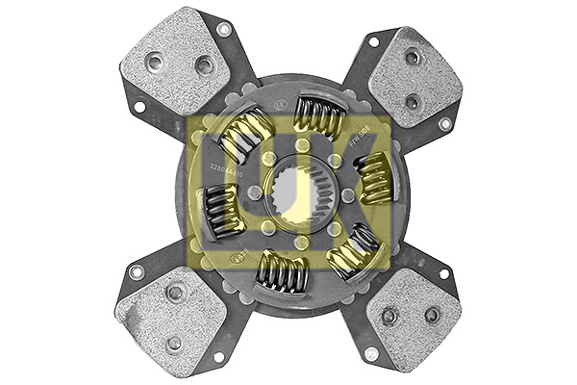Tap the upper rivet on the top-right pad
[x=412, y=57]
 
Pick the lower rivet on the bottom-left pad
[x=174, y=342]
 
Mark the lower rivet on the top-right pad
[x=413, y=100]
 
